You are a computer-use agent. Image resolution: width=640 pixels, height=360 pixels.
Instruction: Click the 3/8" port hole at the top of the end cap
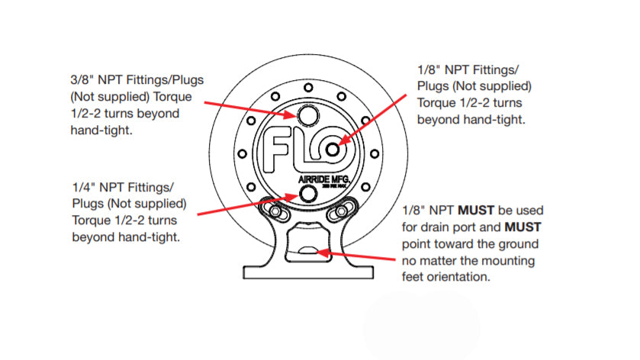309,115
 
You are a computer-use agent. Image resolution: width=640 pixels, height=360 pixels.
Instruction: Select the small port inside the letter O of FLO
333,150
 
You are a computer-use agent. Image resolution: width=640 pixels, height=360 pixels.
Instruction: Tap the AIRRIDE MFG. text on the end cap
324,181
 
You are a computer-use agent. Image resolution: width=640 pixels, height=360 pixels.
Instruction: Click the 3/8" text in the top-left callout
82,80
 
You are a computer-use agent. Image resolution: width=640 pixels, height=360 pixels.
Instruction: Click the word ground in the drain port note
522,243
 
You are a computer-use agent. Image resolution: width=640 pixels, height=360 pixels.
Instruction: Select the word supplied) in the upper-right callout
504,85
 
